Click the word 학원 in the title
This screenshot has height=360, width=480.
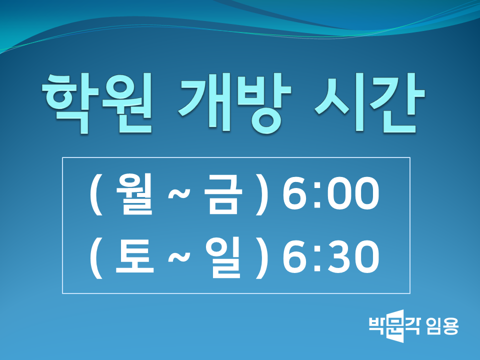pyautogui.click(x=97, y=103)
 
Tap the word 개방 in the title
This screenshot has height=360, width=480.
pyautogui.click(x=234, y=103)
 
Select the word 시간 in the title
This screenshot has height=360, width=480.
pyautogui.click(x=370, y=103)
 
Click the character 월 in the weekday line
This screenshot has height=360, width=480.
pyautogui.click(x=134, y=194)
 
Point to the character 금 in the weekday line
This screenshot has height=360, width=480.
pyautogui.click(x=223, y=194)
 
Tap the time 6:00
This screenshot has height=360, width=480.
pyautogui.click(x=331, y=194)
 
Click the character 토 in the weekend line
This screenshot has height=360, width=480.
pyautogui.click(x=134, y=256)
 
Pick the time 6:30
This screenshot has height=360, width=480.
pyautogui.click(x=331, y=256)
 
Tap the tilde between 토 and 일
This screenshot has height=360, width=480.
pyautogui.click(x=179, y=256)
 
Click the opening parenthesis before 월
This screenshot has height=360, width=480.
pyautogui.click(x=96, y=194)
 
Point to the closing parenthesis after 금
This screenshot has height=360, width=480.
pyautogui.click(x=262, y=194)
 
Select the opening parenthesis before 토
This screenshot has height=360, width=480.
pyautogui.click(x=96, y=258)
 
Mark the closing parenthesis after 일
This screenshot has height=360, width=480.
pyautogui.click(x=262, y=258)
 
